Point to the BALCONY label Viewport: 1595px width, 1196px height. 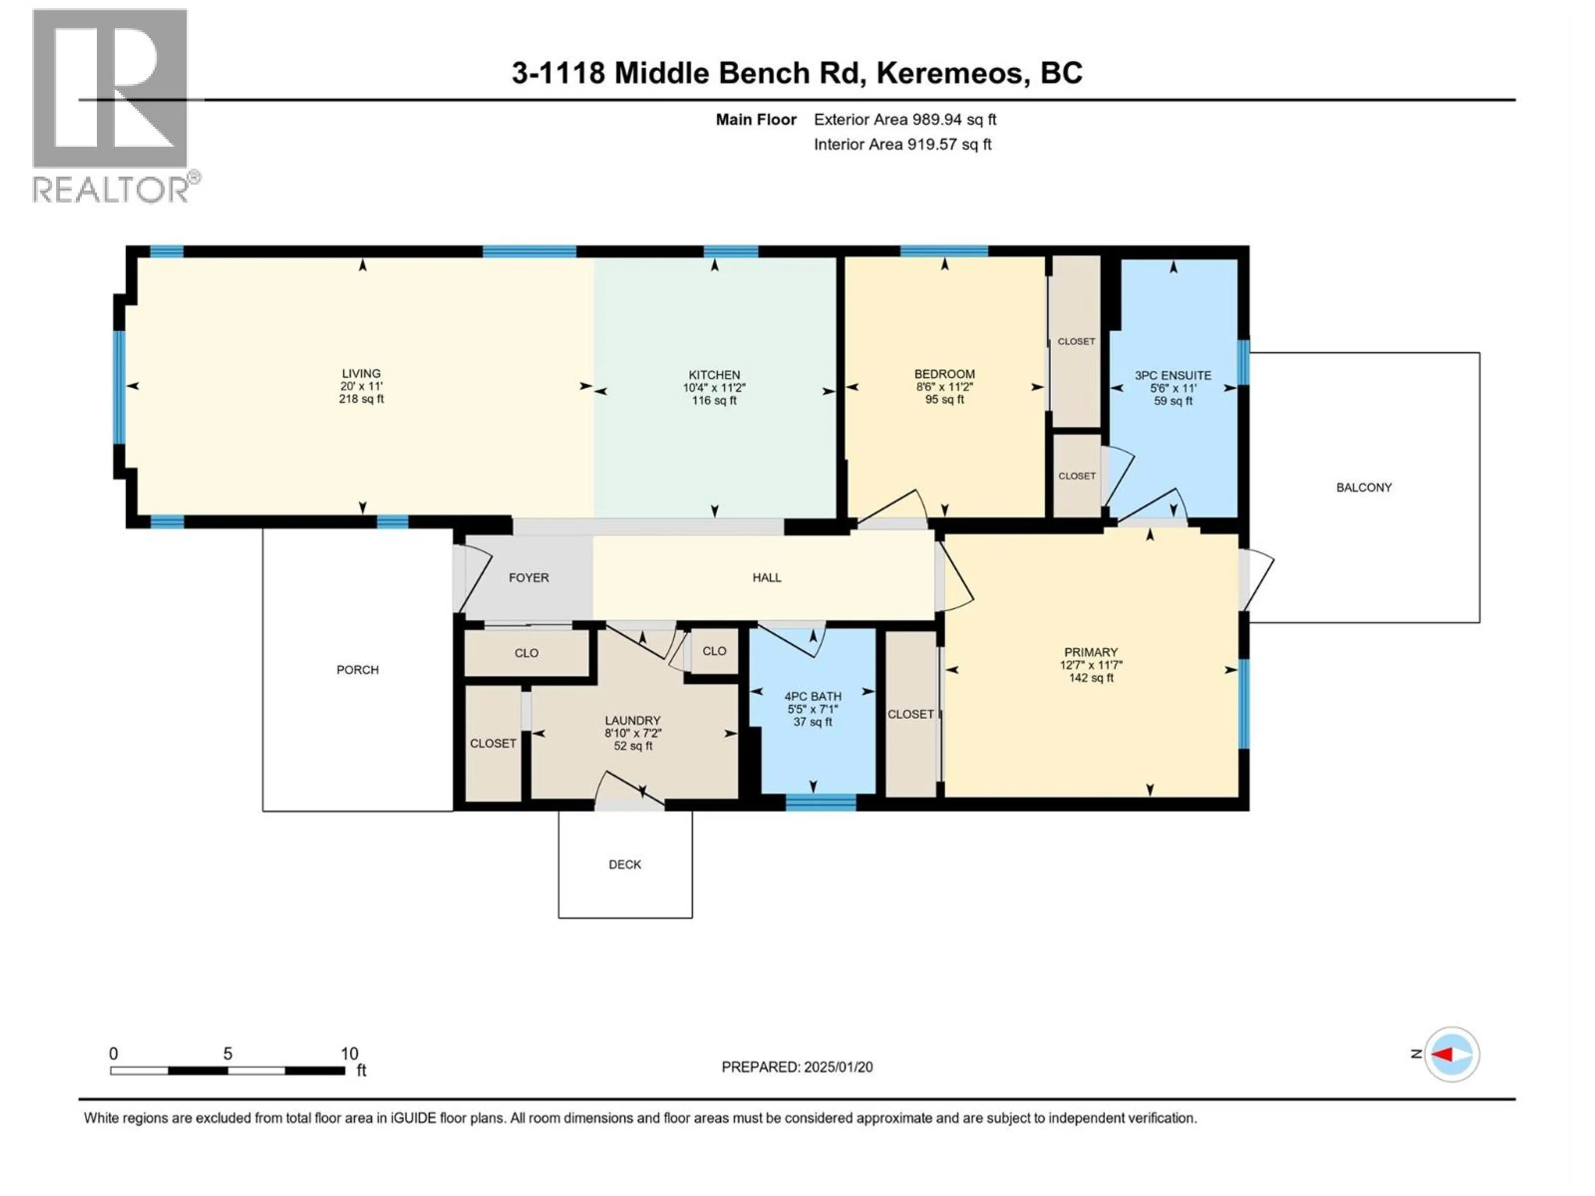[1364, 488]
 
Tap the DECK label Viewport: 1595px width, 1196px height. [624, 864]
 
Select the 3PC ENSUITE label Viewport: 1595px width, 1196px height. [1173, 375]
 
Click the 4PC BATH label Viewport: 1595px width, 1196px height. [812, 696]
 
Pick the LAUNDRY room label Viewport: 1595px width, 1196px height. [632, 720]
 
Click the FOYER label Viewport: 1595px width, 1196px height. [528, 578]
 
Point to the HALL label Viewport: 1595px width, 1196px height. [766, 578]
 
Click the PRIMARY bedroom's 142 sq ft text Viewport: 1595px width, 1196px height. [1091, 678]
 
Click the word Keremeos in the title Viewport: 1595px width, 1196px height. [952, 73]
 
